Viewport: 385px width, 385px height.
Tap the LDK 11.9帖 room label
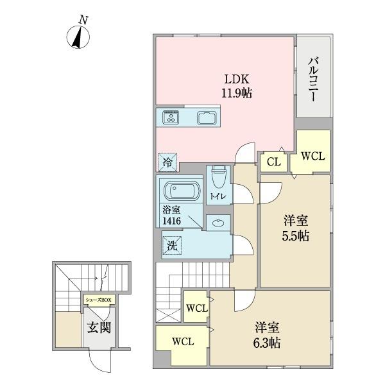click(x=237, y=86)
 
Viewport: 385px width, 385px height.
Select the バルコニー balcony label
click(x=313, y=79)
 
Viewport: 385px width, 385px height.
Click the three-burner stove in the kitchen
click(x=171, y=117)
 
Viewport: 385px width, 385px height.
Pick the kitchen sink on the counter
click(x=207, y=117)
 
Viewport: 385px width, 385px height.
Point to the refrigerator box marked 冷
click(x=167, y=162)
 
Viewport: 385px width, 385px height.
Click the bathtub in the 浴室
click(x=182, y=191)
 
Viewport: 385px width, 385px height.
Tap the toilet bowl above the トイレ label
click(x=218, y=177)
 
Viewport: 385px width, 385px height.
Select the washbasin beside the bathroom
click(x=218, y=223)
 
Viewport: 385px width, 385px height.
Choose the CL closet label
click(x=274, y=162)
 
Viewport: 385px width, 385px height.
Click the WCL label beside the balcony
click(x=313, y=156)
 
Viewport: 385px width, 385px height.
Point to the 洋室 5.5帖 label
click(x=295, y=228)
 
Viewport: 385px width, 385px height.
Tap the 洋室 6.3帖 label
click(x=267, y=335)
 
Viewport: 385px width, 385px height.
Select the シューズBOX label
click(x=98, y=300)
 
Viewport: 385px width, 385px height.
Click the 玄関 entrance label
click(x=99, y=327)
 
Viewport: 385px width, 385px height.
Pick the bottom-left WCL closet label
click(x=183, y=341)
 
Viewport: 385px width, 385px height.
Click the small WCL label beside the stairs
click(x=197, y=308)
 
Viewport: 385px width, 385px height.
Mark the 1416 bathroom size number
click(x=171, y=221)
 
